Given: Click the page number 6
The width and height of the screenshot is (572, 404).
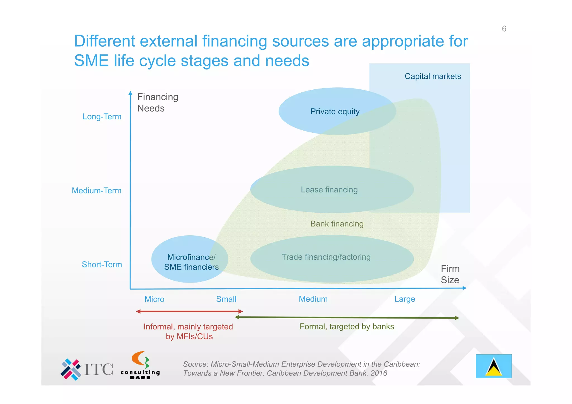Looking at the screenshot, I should [504, 29].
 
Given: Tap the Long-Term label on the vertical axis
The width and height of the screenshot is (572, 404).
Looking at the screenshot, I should [102, 117].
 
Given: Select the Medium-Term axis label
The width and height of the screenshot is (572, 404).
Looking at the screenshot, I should [97, 191].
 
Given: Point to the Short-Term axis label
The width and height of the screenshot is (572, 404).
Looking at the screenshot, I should [102, 265].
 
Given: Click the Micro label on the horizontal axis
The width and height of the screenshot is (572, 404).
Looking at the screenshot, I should [154, 299].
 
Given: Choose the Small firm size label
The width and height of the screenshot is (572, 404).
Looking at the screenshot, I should [226, 299].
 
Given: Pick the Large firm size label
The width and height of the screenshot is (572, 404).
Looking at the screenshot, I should [405, 299].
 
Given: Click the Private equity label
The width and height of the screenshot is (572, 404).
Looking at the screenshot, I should [335, 112].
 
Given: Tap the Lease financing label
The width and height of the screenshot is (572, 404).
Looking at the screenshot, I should [329, 190].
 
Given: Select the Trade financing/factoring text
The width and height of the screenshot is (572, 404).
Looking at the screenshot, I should [326, 257].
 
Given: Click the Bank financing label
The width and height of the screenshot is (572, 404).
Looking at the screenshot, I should [337, 224].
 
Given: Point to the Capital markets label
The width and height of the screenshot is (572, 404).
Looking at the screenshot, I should [433, 77].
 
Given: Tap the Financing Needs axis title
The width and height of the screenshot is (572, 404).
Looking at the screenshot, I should [158, 103].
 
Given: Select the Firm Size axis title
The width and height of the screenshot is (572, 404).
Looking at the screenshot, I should [450, 274].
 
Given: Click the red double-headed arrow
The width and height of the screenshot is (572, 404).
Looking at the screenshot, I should [189, 311].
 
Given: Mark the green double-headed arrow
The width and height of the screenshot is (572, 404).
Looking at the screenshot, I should [347, 318].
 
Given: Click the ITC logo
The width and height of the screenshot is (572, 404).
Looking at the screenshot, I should [87, 369].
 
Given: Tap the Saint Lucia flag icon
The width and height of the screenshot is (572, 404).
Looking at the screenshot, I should [494, 366].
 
